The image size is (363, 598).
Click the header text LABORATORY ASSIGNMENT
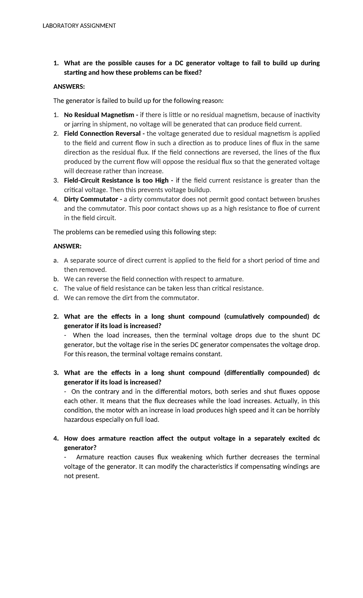(79, 26)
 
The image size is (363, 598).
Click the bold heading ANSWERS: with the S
(69, 87)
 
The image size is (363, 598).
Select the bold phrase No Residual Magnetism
(99, 115)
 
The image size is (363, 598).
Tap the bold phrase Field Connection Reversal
(102, 134)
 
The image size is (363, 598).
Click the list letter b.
(55, 279)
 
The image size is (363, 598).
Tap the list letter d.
(55, 298)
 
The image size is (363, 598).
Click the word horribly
(306, 410)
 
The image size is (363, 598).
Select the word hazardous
(79, 420)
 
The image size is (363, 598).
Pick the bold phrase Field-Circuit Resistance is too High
(116, 181)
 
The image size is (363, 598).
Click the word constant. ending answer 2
(209, 354)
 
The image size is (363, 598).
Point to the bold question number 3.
(55, 373)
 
